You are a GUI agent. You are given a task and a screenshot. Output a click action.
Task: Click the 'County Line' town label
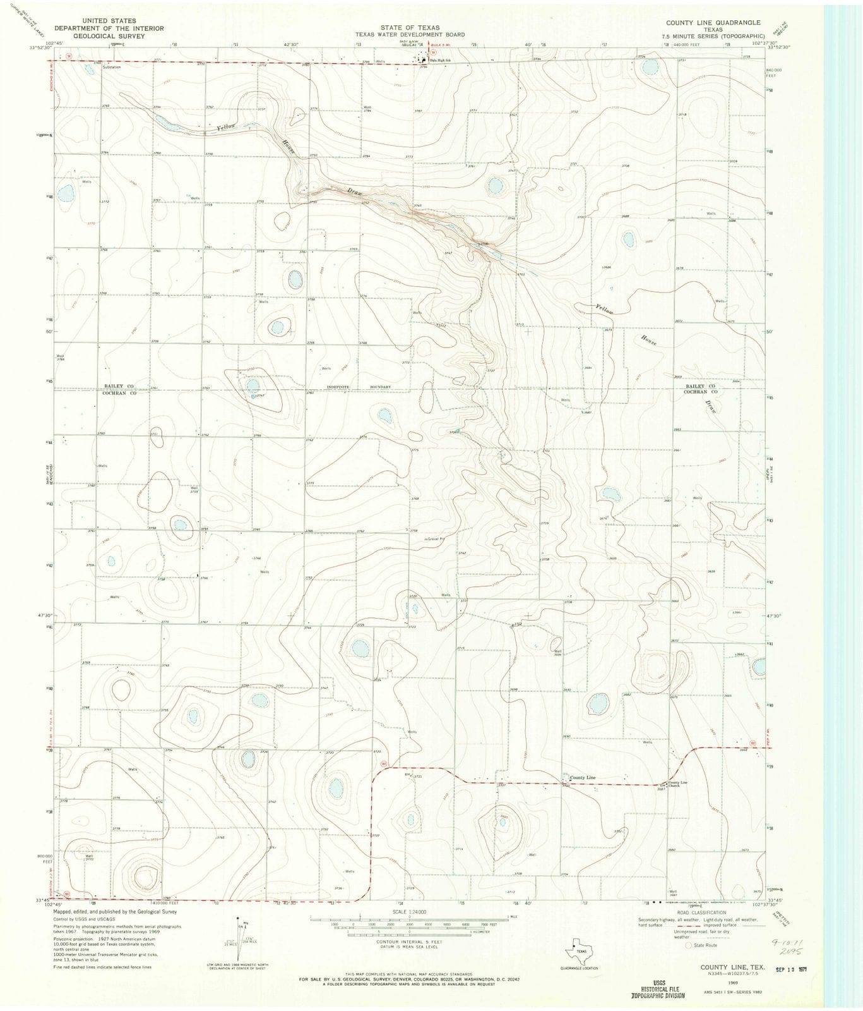pos(582,777)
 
